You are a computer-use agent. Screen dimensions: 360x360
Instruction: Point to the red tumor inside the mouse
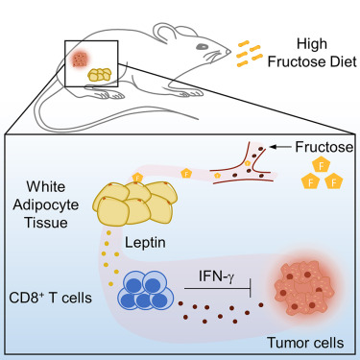(x=80, y=60)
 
